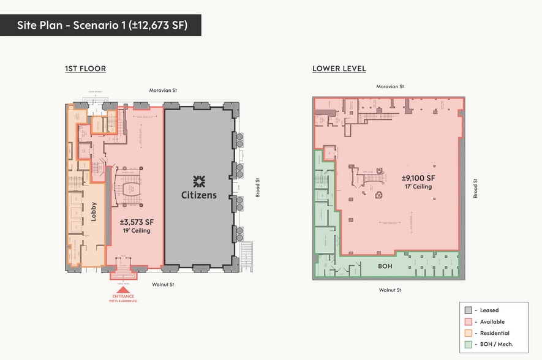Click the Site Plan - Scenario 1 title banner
tap(100, 25)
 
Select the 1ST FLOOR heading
tap(85, 69)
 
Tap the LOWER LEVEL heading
tap(339, 69)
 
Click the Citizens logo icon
tap(199, 181)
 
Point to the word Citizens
tap(199, 195)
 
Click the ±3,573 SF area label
tap(135, 222)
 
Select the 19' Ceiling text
tap(135, 231)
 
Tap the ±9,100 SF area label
tap(418, 178)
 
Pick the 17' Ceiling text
tap(418, 187)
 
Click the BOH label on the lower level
tap(385, 266)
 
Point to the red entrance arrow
tap(122, 290)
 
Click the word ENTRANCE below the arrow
tap(122, 297)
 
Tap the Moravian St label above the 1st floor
tap(163, 91)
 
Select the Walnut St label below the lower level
tap(390, 290)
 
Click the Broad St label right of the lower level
tap(475, 188)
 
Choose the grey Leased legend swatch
tap(469, 310)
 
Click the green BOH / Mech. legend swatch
tap(469, 345)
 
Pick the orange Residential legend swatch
tap(469, 333)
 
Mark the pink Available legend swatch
tap(469, 322)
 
